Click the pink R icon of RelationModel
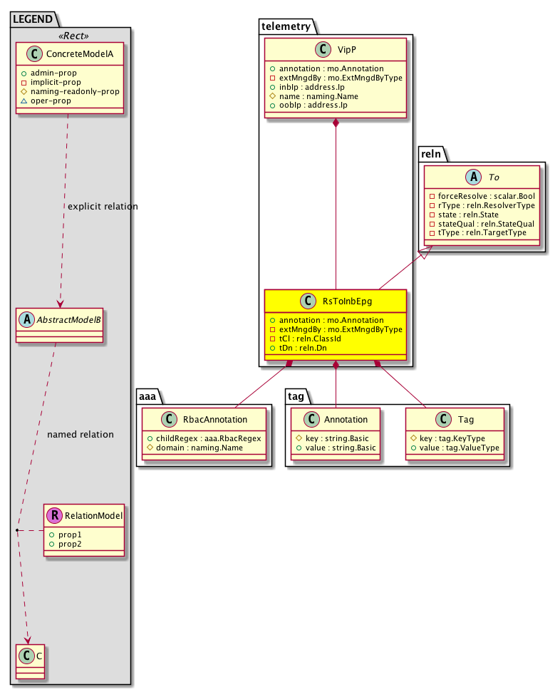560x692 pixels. (54, 515)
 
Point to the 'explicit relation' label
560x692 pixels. (103, 207)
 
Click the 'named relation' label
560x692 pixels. (80, 434)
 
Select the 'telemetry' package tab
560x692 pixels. (286, 27)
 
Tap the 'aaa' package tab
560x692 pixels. (150, 396)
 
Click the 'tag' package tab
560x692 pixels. (298, 396)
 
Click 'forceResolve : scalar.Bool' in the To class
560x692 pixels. (484, 195)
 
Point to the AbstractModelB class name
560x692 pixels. (68, 320)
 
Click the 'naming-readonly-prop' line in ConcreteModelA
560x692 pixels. (79, 91)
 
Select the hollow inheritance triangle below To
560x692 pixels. (425, 253)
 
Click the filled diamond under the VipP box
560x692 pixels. (336, 124)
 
